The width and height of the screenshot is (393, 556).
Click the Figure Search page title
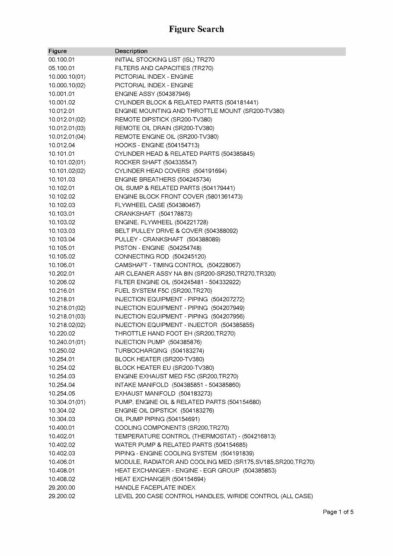196,29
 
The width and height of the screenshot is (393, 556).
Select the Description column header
131,51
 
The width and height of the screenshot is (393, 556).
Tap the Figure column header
58,51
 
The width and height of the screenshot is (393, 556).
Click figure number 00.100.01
61,60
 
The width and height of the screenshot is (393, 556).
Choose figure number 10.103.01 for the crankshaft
61,214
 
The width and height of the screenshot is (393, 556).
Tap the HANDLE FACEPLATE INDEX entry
155,488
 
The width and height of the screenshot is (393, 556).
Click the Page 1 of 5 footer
338,512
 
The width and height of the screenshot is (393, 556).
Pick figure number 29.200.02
61,496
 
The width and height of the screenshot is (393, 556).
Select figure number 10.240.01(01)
67,342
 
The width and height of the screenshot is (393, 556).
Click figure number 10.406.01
61,462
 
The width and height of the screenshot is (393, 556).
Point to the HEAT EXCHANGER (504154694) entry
160,479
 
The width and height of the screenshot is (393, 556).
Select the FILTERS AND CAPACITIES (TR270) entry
164,68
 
